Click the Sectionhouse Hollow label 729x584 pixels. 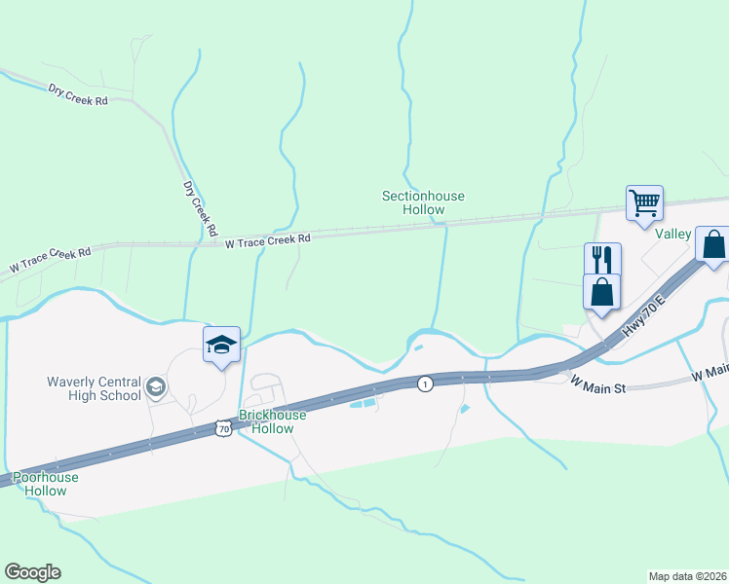pyautogui.click(x=423, y=202)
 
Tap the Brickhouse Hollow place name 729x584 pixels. pyautogui.click(x=273, y=421)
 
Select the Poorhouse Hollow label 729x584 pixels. pyautogui.click(x=46, y=484)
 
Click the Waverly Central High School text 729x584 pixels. pyautogui.click(x=94, y=388)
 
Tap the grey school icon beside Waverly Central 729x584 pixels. pyautogui.click(x=154, y=389)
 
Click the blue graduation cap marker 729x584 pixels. pyautogui.click(x=221, y=344)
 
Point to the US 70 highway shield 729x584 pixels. pyautogui.click(x=223, y=427)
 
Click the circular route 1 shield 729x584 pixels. pyautogui.click(x=425, y=384)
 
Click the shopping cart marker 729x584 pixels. pyautogui.click(x=644, y=203)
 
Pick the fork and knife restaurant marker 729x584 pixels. pyautogui.click(x=602, y=260)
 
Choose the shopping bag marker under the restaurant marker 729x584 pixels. pyautogui.click(x=602, y=291)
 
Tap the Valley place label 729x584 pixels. pyautogui.click(x=672, y=234)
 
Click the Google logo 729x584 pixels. pyautogui.click(x=32, y=572)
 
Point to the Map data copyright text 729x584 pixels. pyautogui.click(x=687, y=576)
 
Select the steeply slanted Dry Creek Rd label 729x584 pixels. pyautogui.click(x=199, y=208)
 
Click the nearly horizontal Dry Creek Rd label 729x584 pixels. pyautogui.click(x=78, y=94)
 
